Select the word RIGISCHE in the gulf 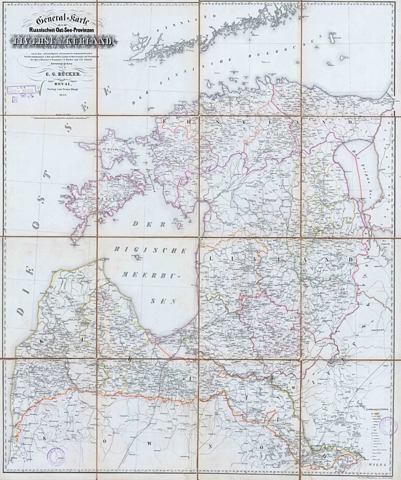[151, 250]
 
